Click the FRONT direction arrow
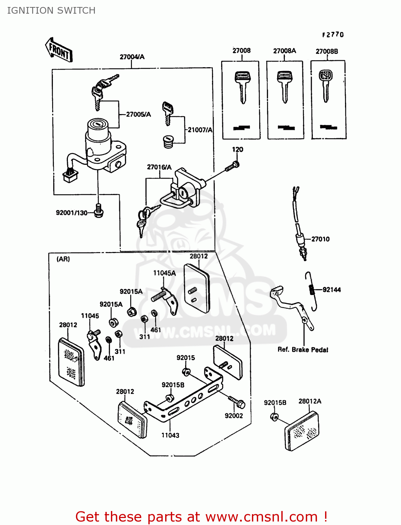[x=59, y=50]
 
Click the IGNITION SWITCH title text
[x=51, y=10]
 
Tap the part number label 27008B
[x=327, y=51]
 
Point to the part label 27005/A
[x=138, y=114]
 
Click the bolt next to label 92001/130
[x=98, y=211]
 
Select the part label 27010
[x=320, y=239]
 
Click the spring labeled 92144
[x=311, y=290]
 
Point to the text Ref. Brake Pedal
[x=303, y=350]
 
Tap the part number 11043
[x=170, y=435]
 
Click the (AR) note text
[x=63, y=259]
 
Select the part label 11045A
[x=164, y=273]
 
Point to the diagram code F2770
[x=333, y=35]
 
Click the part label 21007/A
[x=200, y=130]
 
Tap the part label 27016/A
[x=159, y=167]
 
